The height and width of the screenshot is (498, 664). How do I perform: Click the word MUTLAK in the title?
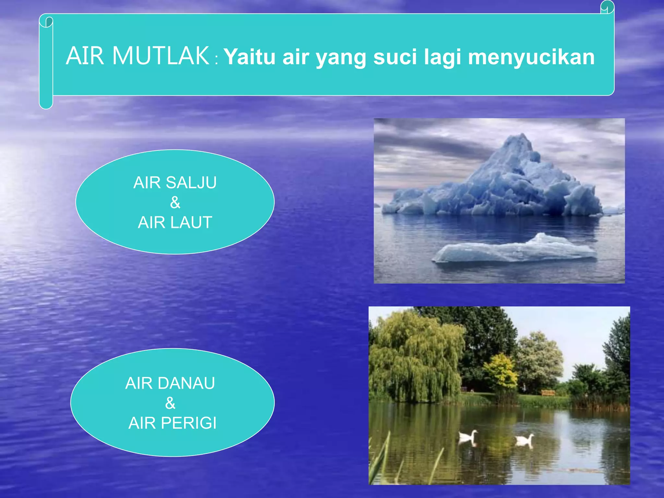pos(161,56)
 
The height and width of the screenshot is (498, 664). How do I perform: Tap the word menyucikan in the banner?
pos(531,57)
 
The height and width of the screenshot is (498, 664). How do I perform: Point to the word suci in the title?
pos(395,57)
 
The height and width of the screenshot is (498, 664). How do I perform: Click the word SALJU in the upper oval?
pos(191,183)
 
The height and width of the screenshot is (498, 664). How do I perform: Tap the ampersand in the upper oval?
pos(175,203)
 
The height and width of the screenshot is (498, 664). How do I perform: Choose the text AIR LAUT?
pos(175,222)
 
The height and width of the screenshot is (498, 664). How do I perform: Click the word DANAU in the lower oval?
pos(186,383)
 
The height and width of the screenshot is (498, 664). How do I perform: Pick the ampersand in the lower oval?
pos(170,403)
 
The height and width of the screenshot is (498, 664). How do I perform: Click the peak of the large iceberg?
pos(521,136)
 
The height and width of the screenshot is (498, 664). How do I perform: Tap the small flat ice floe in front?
pos(516,250)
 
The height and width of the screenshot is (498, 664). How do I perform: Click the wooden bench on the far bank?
pos(548,393)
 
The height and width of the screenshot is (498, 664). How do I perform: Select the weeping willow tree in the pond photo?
pos(415,357)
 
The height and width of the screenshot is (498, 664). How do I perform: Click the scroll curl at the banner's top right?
pos(607,7)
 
